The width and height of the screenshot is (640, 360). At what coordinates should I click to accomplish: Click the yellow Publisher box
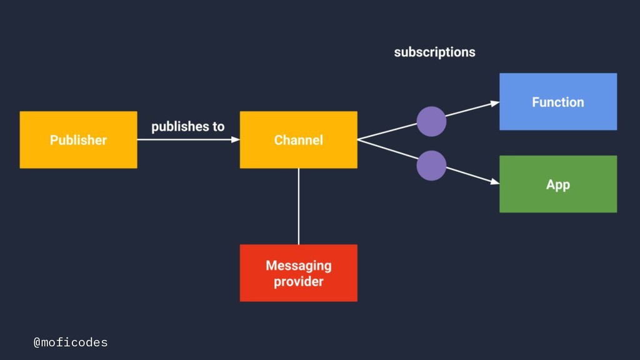(78, 139)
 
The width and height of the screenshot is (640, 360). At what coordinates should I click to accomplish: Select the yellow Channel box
(298, 139)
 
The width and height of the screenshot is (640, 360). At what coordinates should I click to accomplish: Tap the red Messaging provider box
(298, 273)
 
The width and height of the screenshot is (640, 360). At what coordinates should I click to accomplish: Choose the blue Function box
(558, 102)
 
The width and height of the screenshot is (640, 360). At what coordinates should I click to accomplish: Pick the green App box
(558, 184)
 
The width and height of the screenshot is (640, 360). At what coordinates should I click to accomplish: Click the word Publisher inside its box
(78, 140)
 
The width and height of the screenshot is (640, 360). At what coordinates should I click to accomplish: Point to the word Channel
(298, 140)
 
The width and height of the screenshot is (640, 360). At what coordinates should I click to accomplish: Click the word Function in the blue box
(558, 102)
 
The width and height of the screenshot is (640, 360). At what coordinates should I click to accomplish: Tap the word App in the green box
(558, 185)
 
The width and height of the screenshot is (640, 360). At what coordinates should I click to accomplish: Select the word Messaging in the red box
(298, 266)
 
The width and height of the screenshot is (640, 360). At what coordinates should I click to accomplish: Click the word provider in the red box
(298, 282)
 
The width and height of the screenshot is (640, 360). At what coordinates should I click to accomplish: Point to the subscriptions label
(435, 52)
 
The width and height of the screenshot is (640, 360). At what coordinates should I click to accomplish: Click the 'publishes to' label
(187, 126)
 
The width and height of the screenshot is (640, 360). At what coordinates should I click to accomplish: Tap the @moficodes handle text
(71, 342)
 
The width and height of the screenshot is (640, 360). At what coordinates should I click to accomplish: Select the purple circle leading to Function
(431, 121)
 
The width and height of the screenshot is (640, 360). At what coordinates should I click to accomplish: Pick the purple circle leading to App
(431, 166)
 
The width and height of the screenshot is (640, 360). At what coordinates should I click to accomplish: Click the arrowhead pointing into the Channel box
(236, 139)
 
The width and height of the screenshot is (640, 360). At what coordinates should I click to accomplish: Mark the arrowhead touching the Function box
(495, 104)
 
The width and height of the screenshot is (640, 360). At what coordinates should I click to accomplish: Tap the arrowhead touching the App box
(495, 181)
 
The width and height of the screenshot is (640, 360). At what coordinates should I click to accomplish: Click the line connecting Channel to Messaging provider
(298, 206)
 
